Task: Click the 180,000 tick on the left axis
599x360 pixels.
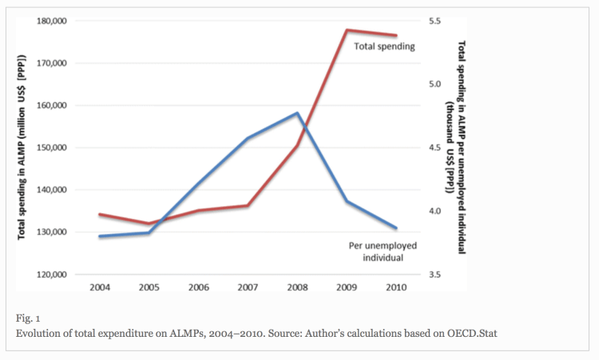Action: coord(51,21)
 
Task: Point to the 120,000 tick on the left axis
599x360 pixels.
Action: coord(51,275)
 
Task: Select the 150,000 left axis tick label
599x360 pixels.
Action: coord(51,148)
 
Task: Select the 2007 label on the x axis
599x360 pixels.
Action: coord(248,287)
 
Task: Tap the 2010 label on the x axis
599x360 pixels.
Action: coord(397,287)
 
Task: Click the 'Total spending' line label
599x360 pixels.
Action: coord(385,47)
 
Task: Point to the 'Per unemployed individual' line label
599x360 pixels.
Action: coord(375,251)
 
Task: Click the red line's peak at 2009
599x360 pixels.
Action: coord(347,30)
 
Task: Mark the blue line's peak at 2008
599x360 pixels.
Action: coord(298,113)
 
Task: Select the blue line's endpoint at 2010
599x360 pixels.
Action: coord(397,228)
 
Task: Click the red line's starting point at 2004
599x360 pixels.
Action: coord(99,214)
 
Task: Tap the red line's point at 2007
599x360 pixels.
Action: coord(248,205)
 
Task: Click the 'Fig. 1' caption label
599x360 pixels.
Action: coord(27,317)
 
